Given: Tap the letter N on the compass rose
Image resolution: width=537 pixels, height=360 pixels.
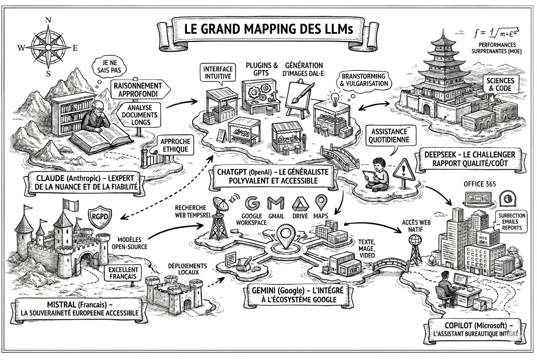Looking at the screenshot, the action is point(48,20).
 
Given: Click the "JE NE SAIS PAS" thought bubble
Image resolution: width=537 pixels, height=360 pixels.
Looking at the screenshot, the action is point(110,66).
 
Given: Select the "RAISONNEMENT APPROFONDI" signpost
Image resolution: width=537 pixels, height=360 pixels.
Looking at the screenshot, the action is point(140,90).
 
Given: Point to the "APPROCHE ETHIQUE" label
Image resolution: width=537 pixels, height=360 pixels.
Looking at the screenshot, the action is point(175,145).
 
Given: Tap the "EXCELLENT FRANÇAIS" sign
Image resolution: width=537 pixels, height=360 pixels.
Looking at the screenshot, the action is point(123,273).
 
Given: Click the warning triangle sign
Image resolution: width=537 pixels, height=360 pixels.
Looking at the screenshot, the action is point(404,170).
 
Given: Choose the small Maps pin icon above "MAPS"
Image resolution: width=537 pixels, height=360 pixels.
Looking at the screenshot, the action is point(321,202).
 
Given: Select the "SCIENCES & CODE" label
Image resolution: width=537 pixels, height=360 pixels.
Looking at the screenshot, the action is point(500,84).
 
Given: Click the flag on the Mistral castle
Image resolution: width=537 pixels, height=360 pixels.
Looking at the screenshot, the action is point(71,205).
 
